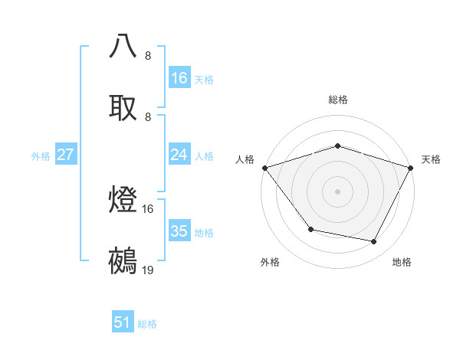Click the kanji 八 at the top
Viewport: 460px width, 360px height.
[123, 45]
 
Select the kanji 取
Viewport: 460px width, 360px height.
[123, 106]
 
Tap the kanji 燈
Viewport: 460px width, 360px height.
[123, 200]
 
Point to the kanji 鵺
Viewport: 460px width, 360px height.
[123, 261]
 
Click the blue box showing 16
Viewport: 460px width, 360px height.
[179, 78]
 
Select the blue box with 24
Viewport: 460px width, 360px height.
[179, 155]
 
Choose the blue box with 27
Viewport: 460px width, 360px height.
[65, 155]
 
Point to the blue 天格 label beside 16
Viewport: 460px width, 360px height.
[203, 79]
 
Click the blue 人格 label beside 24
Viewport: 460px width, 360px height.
[203, 156]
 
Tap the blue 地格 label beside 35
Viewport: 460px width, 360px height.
[203, 233]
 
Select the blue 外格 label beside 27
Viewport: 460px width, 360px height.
[41, 156]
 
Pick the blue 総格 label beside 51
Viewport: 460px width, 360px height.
[147, 324]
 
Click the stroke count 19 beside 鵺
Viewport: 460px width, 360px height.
[148, 270]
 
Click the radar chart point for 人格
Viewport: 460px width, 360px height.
[264, 168]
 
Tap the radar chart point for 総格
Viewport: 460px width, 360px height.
[337, 146]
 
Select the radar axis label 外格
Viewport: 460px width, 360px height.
[270, 263]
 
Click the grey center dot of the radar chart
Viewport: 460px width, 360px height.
[337, 191]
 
